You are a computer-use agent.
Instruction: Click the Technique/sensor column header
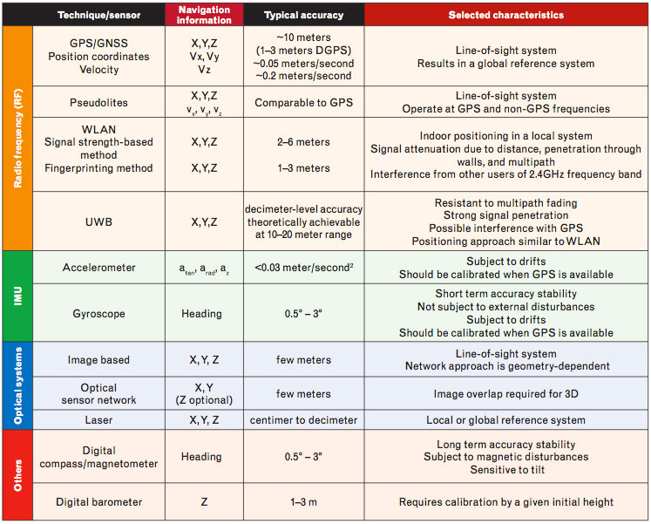click(98, 15)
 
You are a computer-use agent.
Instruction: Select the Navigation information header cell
click(203, 15)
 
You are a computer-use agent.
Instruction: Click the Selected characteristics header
click(505, 15)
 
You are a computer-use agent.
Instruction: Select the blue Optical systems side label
click(17, 384)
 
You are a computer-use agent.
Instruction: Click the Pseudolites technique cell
click(98, 102)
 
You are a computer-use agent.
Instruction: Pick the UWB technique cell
click(98, 221)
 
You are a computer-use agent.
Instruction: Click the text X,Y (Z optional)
click(203, 394)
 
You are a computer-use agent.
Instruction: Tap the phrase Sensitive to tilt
click(505, 470)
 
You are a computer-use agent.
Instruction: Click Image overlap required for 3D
click(505, 394)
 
